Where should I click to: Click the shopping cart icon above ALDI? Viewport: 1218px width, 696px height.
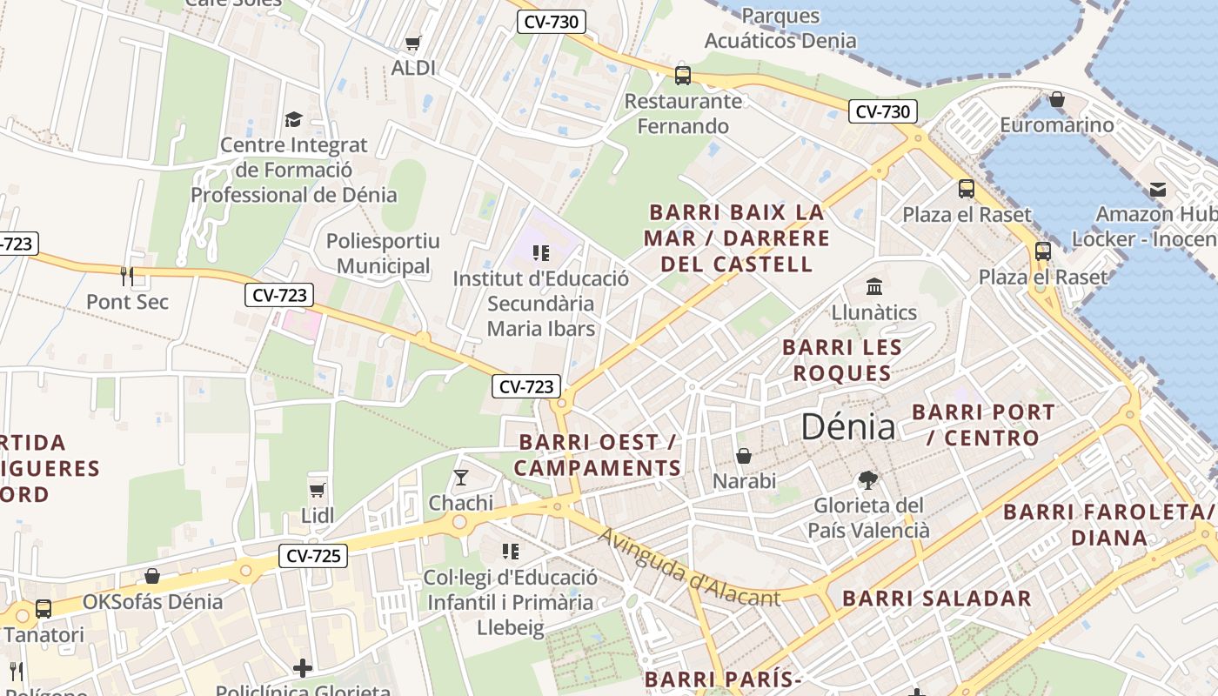coord(413,43)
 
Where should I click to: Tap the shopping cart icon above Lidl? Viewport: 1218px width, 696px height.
coord(318,490)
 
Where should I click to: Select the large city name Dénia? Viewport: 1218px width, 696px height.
coord(847,426)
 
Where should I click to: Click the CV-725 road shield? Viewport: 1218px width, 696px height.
coord(313,555)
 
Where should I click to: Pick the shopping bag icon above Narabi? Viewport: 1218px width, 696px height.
coord(744,456)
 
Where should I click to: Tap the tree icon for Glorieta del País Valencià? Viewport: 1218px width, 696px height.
coord(867,479)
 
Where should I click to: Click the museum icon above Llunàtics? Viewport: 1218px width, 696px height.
coord(874,286)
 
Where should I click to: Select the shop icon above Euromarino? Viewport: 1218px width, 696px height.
coord(1056,99)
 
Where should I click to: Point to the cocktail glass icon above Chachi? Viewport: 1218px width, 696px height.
coord(460,478)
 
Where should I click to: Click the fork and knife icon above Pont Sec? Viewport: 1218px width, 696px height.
coord(128,277)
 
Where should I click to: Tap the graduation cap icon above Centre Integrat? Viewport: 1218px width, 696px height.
coord(293,119)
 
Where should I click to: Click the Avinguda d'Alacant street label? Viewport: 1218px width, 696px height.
coord(689,568)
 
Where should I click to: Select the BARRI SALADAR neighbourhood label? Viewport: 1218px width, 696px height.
coord(937,599)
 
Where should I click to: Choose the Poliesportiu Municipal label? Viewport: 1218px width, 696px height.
coord(383,253)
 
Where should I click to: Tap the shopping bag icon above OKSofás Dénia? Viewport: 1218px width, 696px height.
coord(152,576)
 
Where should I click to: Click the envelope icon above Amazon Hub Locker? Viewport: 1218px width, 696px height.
coord(1158,189)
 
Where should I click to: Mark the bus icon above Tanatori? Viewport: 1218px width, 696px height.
coord(43,609)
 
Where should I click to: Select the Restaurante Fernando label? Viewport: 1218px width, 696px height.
coord(683,113)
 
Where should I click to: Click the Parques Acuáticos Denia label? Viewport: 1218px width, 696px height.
coord(780,28)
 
